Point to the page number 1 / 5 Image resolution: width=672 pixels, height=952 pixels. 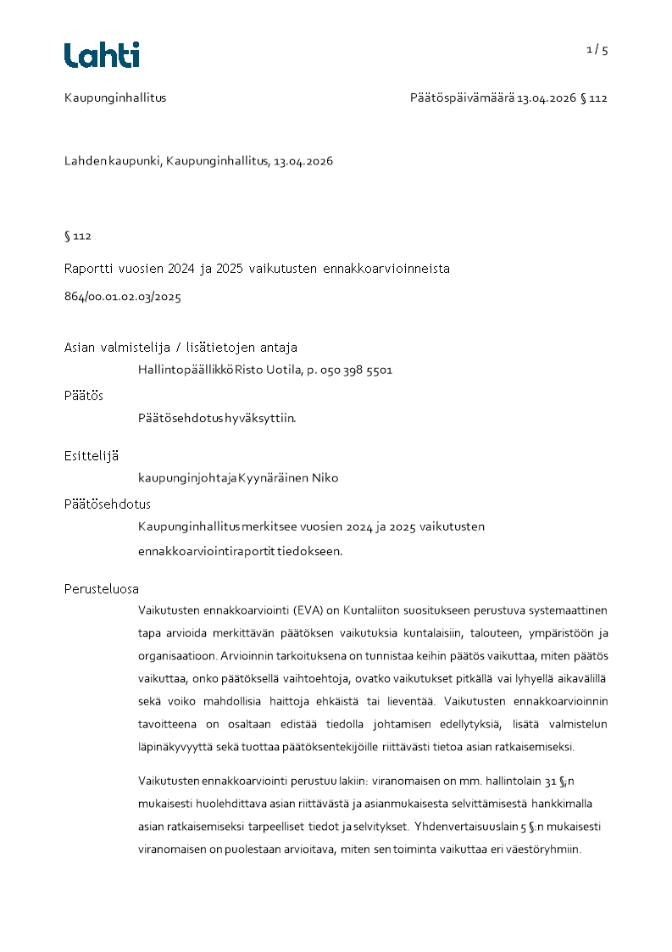(597, 50)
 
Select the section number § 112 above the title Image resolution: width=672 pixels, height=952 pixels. (78, 237)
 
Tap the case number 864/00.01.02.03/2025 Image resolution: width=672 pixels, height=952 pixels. (123, 298)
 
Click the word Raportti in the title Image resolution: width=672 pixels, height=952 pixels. (89, 269)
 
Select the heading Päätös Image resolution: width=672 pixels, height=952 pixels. (84, 396)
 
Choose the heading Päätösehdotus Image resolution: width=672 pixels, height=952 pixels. (108, 504)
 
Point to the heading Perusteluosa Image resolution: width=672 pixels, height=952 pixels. (102, 588)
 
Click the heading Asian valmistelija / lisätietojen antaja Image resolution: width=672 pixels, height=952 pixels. (180, 348)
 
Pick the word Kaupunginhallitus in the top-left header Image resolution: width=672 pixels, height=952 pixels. (115, 97)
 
